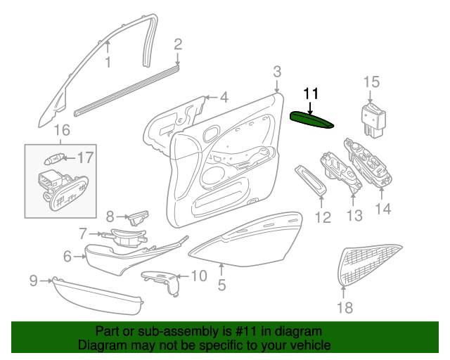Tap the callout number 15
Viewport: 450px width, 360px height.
point(372,82)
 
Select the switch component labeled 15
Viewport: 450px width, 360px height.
point(373,120)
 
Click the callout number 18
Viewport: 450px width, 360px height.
point(345,307)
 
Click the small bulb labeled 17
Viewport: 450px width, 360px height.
point(53,159)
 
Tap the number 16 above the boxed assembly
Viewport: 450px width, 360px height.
point(62,130)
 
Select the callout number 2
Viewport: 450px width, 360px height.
point(178,44)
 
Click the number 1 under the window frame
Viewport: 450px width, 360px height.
point(108,63)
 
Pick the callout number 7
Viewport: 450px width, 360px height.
point(83,233)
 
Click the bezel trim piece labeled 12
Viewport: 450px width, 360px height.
point(311,181)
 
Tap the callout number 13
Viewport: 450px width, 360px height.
point(354,215)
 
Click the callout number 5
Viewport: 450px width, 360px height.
point(222,285)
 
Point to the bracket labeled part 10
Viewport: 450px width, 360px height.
point(162,282)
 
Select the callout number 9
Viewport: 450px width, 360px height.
point(34,280)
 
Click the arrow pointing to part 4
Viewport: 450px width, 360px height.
point(211,97)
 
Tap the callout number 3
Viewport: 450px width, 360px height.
point(277,72)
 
